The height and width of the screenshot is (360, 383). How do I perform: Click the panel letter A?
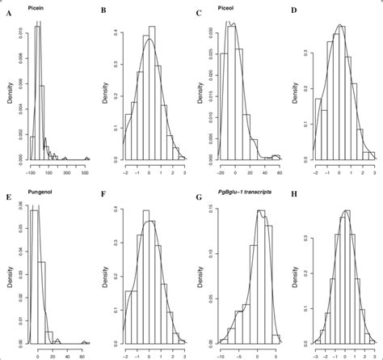coord(5,13)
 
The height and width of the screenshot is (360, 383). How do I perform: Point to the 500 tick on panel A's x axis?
coord(86,172)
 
